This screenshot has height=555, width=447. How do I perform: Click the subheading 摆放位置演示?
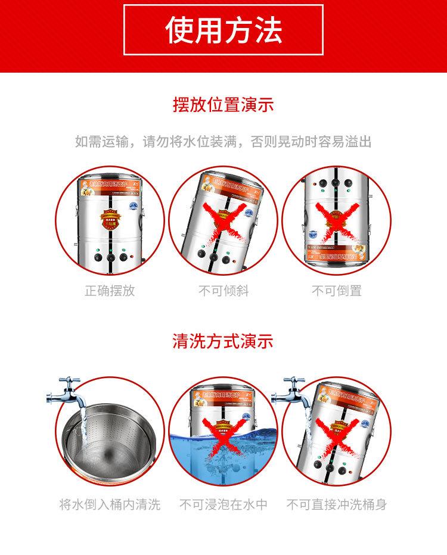coord(223,105)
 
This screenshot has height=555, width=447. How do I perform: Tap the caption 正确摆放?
coord(110,291)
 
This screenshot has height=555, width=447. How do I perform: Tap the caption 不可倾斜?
coord(223,291)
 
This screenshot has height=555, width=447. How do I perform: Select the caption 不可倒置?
coord(337,291)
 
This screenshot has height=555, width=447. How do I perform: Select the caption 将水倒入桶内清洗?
coord(110,505)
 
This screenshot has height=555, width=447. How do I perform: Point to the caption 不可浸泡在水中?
coord(223,505)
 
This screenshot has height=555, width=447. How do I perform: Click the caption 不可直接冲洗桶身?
coord(337,505)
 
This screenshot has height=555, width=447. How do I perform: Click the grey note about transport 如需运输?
coord(223,142)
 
